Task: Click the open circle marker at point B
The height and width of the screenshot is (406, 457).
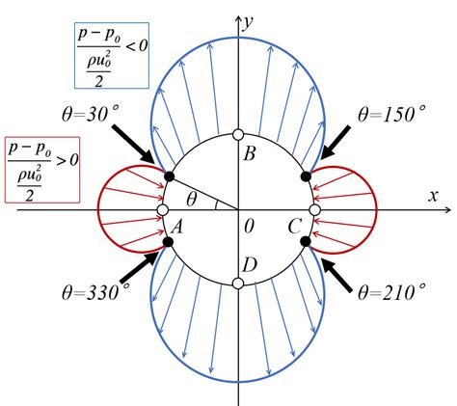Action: (x=238, y=135)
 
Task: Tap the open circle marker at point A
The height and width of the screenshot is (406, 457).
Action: (x=163, y=210)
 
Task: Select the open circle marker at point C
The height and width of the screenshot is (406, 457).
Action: (x=314, y=210)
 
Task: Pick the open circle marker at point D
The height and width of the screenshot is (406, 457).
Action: (x=238, y=284)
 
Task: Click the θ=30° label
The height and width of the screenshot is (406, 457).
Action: (x=91, y=114)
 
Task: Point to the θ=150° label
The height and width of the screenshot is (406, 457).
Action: (x=391, y=114)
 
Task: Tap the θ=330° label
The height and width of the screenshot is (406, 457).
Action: (x=95, y=291)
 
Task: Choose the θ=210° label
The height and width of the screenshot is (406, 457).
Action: (x=392, y=291)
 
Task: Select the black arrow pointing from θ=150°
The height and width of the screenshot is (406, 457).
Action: (x=336, y=143)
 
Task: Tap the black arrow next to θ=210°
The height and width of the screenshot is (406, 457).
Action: (x=336, y=276)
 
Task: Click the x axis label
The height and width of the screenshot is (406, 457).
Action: (x=433, y=196)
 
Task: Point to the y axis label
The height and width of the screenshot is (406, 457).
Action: (x=248, y=23)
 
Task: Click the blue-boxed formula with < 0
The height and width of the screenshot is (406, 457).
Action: (x=112, y=55)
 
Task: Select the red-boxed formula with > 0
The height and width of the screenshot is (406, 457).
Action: (x=42, y=170)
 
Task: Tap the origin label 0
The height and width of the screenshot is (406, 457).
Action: (x=249, y=227)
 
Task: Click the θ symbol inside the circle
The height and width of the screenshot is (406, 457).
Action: (x=191, y=200)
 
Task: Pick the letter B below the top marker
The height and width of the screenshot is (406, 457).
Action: (x=249, y=153)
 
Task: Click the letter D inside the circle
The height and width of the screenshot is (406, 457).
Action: (x=250, y=265)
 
